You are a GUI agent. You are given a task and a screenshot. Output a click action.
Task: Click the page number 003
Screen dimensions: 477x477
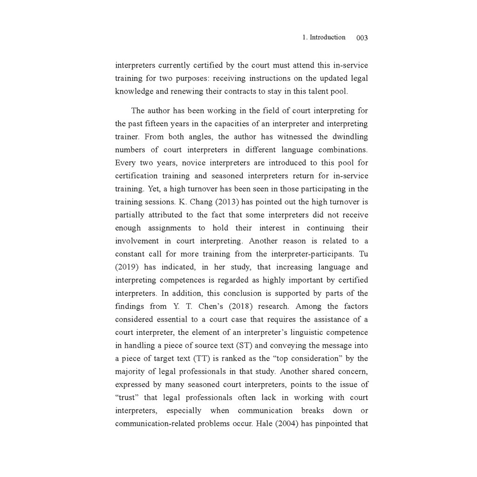click(362, 38)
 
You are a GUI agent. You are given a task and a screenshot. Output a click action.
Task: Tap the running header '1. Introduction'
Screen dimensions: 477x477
click(324, 37)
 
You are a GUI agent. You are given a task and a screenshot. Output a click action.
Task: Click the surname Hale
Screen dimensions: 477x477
click(266, 424)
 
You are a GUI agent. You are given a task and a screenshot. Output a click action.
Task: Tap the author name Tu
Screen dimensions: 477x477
click(363, 254)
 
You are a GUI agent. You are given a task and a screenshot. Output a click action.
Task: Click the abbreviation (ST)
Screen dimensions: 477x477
click(245, 346)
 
